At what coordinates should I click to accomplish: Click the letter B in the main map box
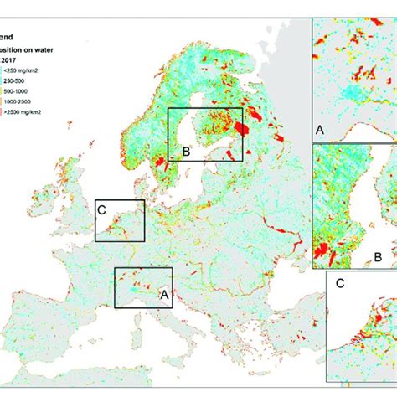186,152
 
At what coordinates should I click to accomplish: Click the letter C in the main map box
101,210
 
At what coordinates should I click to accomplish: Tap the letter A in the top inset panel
319,130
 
